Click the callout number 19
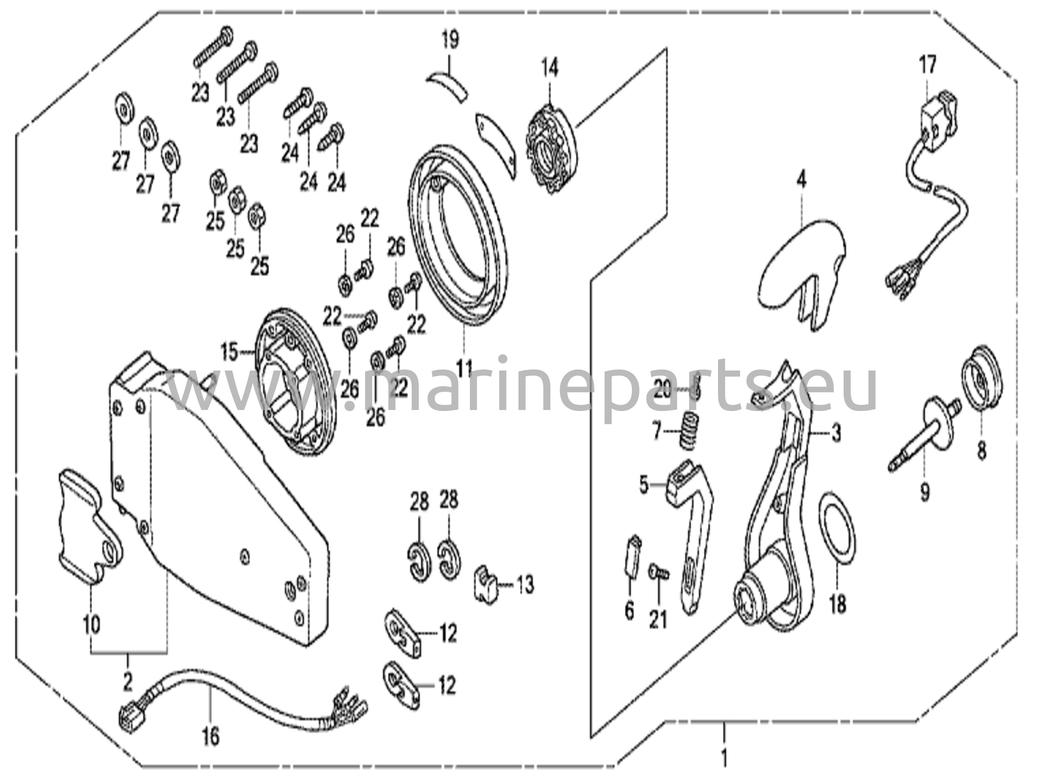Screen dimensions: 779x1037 [x=450, y=40]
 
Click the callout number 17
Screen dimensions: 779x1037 [x=928, y=65]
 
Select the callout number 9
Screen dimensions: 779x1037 [x=925, y=490]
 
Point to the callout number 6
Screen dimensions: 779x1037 [x=629, y=611]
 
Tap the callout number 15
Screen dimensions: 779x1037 [x=229, y=352]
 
